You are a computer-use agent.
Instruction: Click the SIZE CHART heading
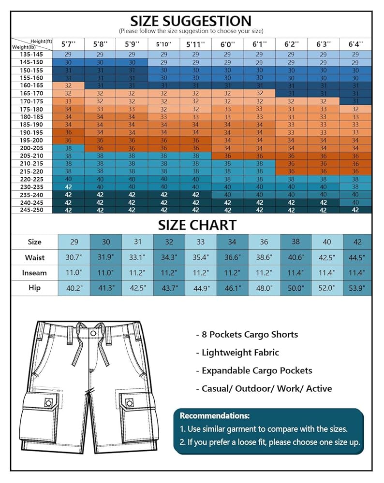pyautogui.click(x=197, y=225)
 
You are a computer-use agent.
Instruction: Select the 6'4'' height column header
pyautogui.click(x=355, y=44)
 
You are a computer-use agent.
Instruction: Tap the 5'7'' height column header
pyautogui.click(x=69, y=44)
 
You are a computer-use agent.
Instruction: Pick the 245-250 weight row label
pyautogui.click(x=31, y=210)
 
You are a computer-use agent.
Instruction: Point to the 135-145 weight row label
pyautogui.click(x=31, y=55)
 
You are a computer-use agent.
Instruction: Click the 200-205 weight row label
pyautogui.click(x=31, y=148)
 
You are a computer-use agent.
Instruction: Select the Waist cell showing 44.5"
pyautogui.click(x=357, y=257)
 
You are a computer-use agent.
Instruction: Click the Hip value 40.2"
pyautogui.click(x=74, y=288)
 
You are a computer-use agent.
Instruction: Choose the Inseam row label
pyautogui.click(x=34, y=273)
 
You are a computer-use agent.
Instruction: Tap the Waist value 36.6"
pyautogui.click(x=232, y=257)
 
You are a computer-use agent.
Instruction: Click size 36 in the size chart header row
pyautogui.click(x=264, y=242)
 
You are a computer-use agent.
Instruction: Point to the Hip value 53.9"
pyautogui.click(x=357, y=288)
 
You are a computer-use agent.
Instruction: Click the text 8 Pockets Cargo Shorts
pyautogui.click(x=247, y=335)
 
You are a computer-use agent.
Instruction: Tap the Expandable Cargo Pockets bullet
pyautogui.click(x=254, y=370)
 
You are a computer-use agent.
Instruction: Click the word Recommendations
pyautogui.click(x=215, y=415)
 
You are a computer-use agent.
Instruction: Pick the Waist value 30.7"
pyautogui.click(x=74, y=257)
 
